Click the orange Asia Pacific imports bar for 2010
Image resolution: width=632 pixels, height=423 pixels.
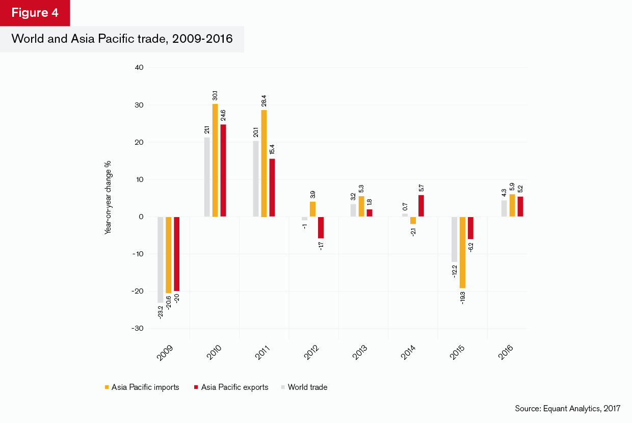[x=215, y=161]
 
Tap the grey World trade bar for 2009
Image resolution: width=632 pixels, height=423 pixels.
[x=160, y=259]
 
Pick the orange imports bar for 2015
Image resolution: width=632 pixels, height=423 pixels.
[x=462, y=252]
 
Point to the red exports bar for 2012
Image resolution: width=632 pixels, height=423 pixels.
[x=321, y=227]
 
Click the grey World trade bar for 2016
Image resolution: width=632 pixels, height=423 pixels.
[x=504, y=208]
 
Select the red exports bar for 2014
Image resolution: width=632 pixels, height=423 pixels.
[x=420, y=206]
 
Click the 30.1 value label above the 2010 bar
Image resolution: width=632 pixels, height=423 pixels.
[x=215, y=95]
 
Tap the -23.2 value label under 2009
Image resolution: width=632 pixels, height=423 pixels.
[x=160, y=311]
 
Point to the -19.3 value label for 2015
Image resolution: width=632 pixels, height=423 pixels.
[x=463, y=297]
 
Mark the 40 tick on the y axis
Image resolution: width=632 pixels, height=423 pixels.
[x=139, y=67]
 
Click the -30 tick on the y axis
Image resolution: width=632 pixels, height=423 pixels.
[x=138, y=329]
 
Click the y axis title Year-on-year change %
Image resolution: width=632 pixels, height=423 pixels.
[x=108, y=197]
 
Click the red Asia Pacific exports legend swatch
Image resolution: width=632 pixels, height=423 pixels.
[x=196, y=387]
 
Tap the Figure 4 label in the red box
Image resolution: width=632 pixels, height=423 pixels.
[x=35, y=13]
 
